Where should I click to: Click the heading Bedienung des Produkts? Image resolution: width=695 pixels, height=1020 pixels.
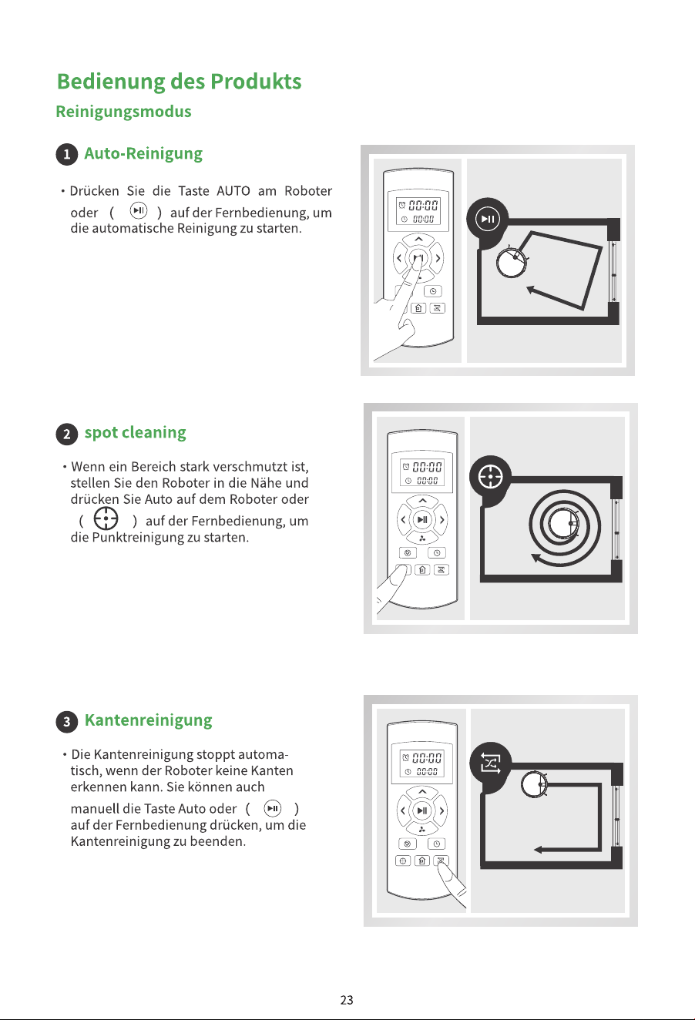pos(179,82)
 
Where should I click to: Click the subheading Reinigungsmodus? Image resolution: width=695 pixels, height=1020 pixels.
pos(123,112)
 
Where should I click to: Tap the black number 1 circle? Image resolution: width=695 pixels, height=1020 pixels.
pos(67,154)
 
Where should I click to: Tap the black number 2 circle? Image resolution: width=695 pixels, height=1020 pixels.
pos(67,434)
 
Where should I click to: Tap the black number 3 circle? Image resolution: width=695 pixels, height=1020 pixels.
pos(67,722)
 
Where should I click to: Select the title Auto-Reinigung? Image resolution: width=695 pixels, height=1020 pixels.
pos(143,154)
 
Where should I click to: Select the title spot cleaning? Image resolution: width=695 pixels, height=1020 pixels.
pos(136,433)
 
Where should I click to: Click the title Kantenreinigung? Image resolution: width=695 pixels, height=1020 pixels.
pos(149,720)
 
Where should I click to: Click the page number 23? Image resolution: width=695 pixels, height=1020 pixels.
pos(347,1000)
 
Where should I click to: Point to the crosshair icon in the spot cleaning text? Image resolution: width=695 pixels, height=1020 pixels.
pos(106,518)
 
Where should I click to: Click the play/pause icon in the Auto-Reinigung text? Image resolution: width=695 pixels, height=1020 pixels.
pos(139,210)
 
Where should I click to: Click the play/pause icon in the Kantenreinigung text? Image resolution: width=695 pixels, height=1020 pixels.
pos(272,808)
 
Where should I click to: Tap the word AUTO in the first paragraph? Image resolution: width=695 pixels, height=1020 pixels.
pos(233,191)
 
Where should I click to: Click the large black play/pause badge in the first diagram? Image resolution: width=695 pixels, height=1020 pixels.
pos(488,219)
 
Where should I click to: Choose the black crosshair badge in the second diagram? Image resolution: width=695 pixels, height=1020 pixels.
pos(491,477)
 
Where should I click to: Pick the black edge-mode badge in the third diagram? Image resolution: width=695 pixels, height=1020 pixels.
pos(491,763)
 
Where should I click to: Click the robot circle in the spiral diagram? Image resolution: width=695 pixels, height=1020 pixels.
pos(563,524)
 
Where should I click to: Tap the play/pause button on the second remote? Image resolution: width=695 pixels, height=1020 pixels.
pos(422,519)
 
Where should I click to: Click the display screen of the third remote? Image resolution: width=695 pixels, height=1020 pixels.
pos(421,764)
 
